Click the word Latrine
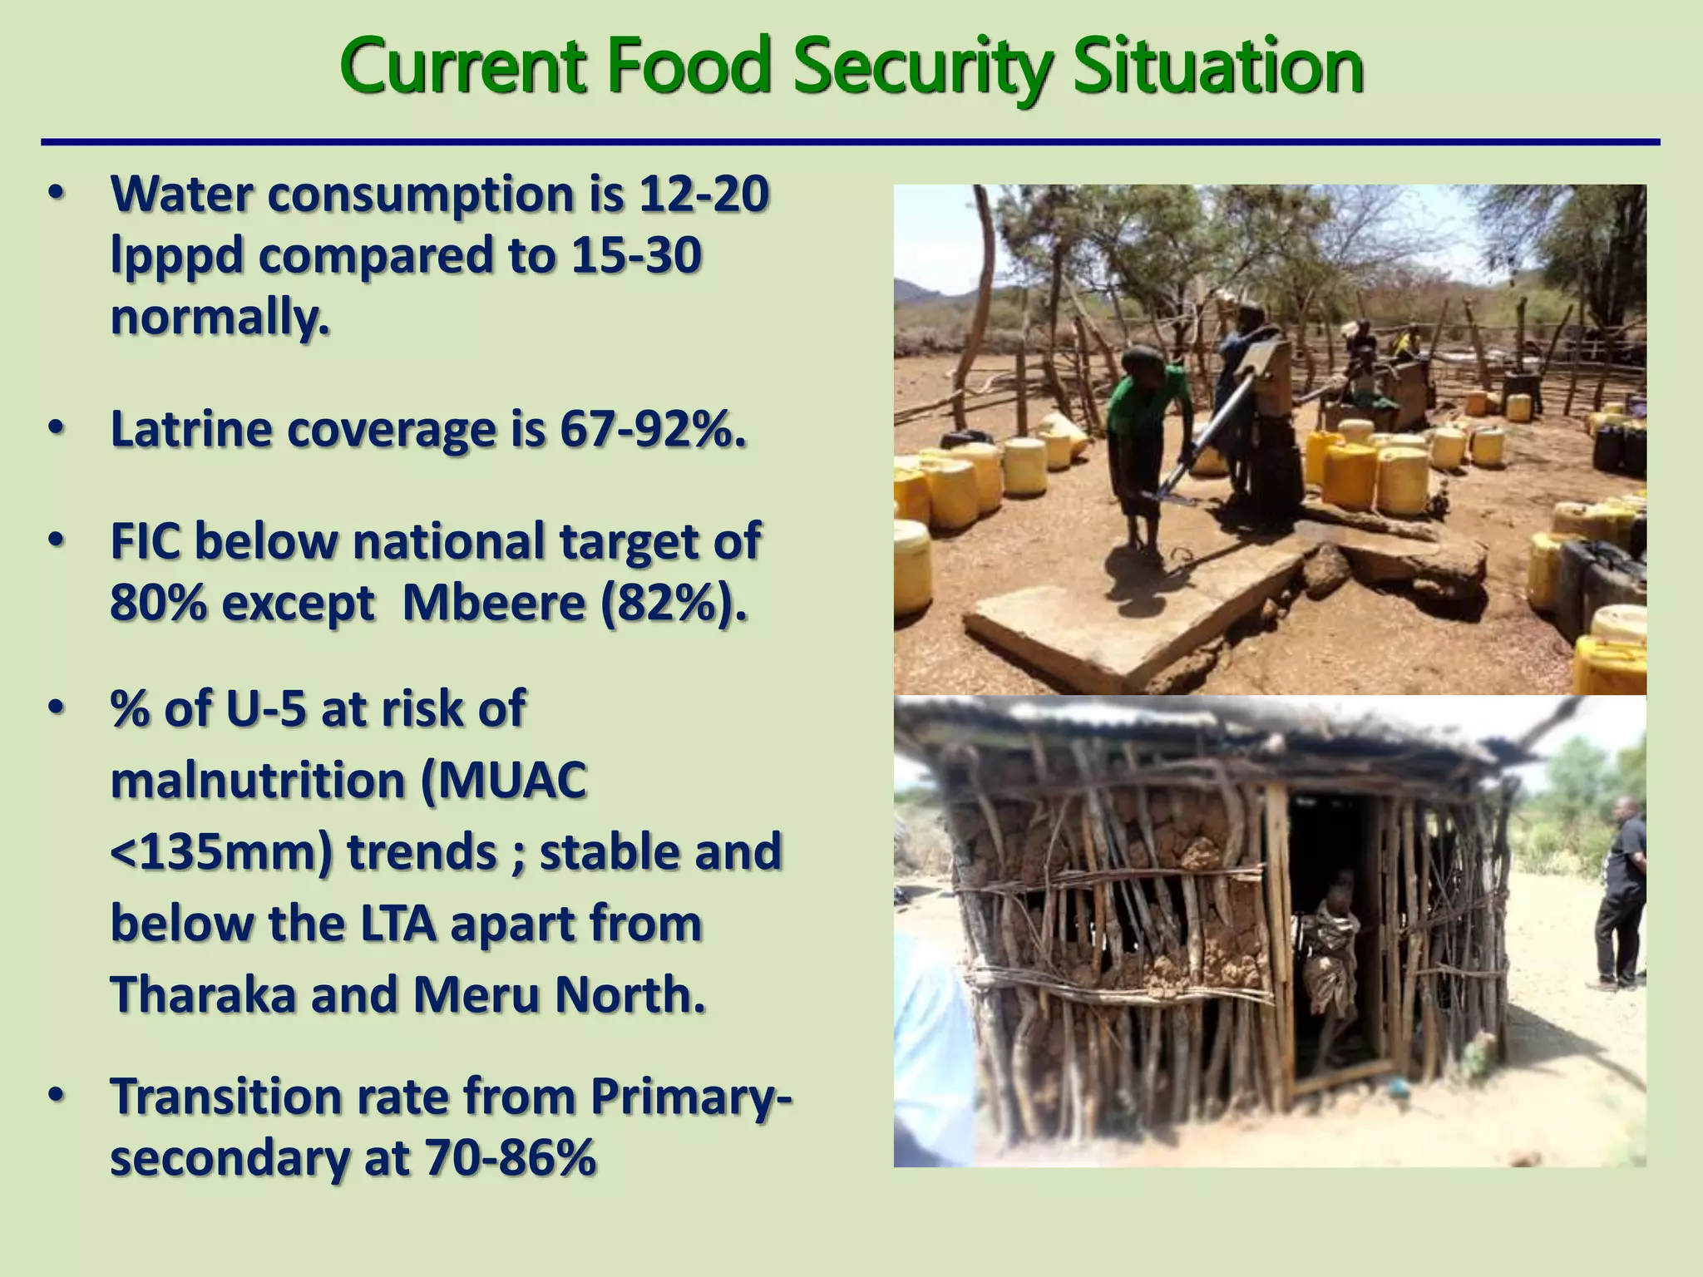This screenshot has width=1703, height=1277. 192,430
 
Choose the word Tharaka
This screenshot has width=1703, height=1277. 204,995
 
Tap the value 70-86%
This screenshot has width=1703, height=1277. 511,1157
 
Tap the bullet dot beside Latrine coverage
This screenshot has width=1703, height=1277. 56,428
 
